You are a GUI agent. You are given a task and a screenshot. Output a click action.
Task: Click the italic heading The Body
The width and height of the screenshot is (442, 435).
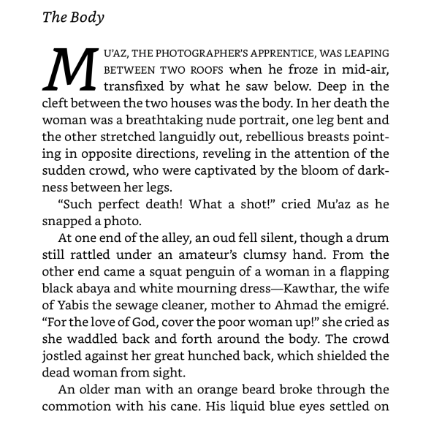pos(73,18)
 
